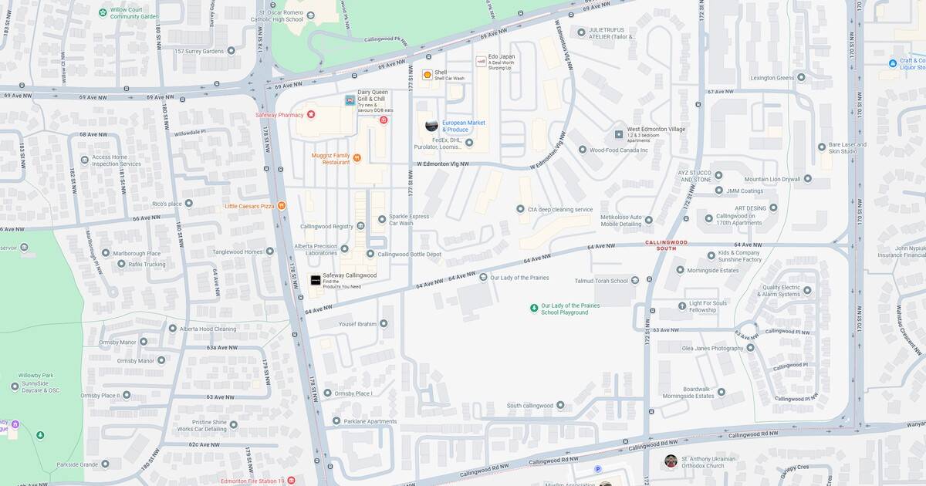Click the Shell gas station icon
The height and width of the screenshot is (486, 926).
click(x=427, y=75)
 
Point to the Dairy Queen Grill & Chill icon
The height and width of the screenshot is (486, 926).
click(x=350, y=100)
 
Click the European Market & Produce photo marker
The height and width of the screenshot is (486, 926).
click(x=431, y=125)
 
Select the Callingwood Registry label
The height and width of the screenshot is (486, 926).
click(x=326, y=226)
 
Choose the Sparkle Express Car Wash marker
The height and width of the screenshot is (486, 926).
click(x=381, y=220)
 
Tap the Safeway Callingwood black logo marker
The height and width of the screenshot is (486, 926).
click(x=315, y=280)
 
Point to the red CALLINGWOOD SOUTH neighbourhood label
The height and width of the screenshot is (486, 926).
click(x=666, y=245)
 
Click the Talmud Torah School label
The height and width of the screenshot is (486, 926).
click(x=601, y=281)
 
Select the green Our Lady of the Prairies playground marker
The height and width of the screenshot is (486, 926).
click(x=533, y=309)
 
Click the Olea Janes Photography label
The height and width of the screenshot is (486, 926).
click(x=712, y=348)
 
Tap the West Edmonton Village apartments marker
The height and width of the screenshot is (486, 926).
click(x=618, y=133)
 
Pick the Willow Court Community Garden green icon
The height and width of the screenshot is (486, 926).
click(x=103, y=12)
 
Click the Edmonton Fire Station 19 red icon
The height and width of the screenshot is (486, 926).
click(x=291, y=481)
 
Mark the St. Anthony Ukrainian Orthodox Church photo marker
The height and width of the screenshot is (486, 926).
click(x=671, y=461)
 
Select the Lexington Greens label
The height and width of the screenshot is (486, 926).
click(x=772, y=77)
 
